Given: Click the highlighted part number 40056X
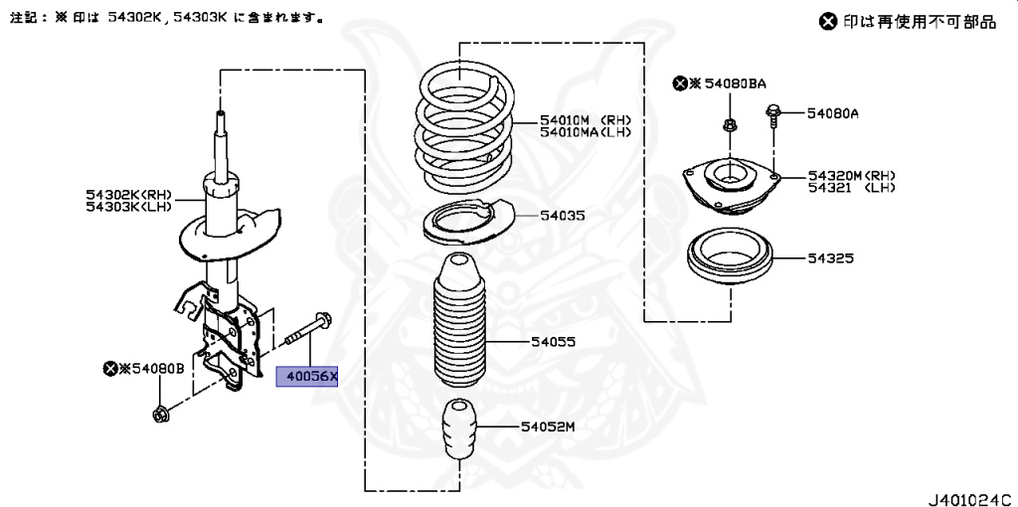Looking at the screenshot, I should pyautogui.click(x=306, y=377).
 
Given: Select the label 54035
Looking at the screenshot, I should pyautogui.click(x=563, y=215).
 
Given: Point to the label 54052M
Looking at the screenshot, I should pyautogui.click(x=548, y=426).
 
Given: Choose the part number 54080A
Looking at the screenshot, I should pyautogui.click(x=832, y=113).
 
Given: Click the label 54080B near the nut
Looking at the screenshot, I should pyautogui.click(x=152, y=369).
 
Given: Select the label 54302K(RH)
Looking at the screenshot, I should pyautogui.click(x=129, y=194).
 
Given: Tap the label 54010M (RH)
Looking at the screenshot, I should pyautogui.click(x=586, y=119).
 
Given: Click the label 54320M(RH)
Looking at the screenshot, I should pyautogui.click(x=852, y=175).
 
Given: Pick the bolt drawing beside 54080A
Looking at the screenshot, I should pyautogui.click(x=771, y=120).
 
